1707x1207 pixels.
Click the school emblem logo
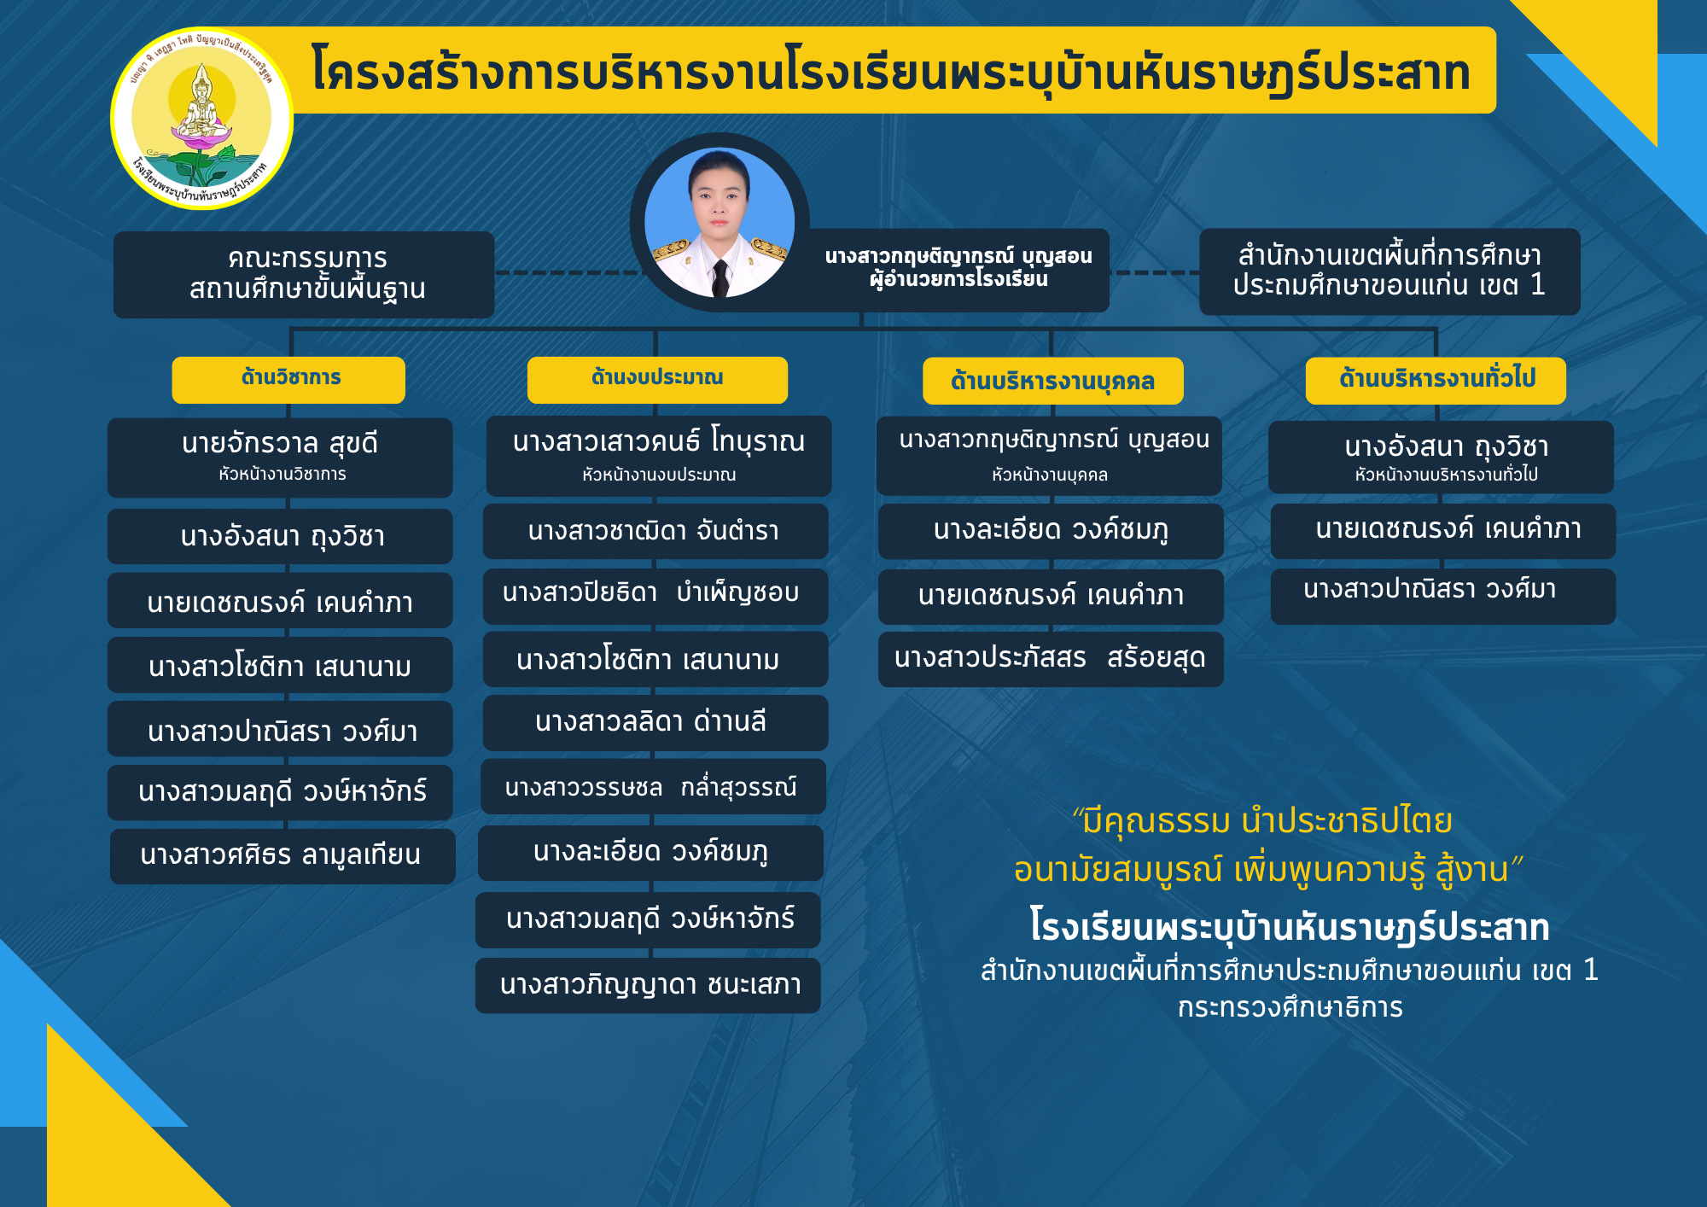(201, 118)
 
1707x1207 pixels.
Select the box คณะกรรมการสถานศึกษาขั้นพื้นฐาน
(304, 274)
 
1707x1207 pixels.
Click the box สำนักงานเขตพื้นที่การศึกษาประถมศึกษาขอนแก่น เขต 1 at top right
(1389, 271)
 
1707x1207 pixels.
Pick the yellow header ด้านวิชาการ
(288, 379)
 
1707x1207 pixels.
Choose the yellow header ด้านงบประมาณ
(657, 379)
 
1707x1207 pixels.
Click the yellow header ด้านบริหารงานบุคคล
(1053, 381)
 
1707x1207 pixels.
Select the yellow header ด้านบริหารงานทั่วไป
(1436, 380)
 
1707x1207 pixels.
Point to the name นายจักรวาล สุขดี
(280, 444)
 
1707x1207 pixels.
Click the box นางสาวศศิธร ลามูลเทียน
(283, 856)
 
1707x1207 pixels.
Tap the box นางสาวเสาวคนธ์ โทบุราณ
(659, 456)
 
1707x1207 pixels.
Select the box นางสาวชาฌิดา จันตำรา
(655, 531)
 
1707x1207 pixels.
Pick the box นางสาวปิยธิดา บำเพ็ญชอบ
(655, 596)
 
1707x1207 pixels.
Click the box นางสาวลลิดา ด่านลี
(655, 723)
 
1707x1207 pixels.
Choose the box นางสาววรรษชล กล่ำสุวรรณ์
(654, 786)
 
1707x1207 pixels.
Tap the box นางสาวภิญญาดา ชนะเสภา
(648, 985)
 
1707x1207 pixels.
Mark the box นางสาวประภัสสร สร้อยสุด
(1051, 659)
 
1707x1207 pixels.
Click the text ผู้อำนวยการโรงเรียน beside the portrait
(958, 280)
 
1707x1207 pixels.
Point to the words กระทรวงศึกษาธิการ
(1290, 1008)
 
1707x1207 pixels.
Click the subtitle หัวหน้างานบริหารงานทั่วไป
(1447, 475)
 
